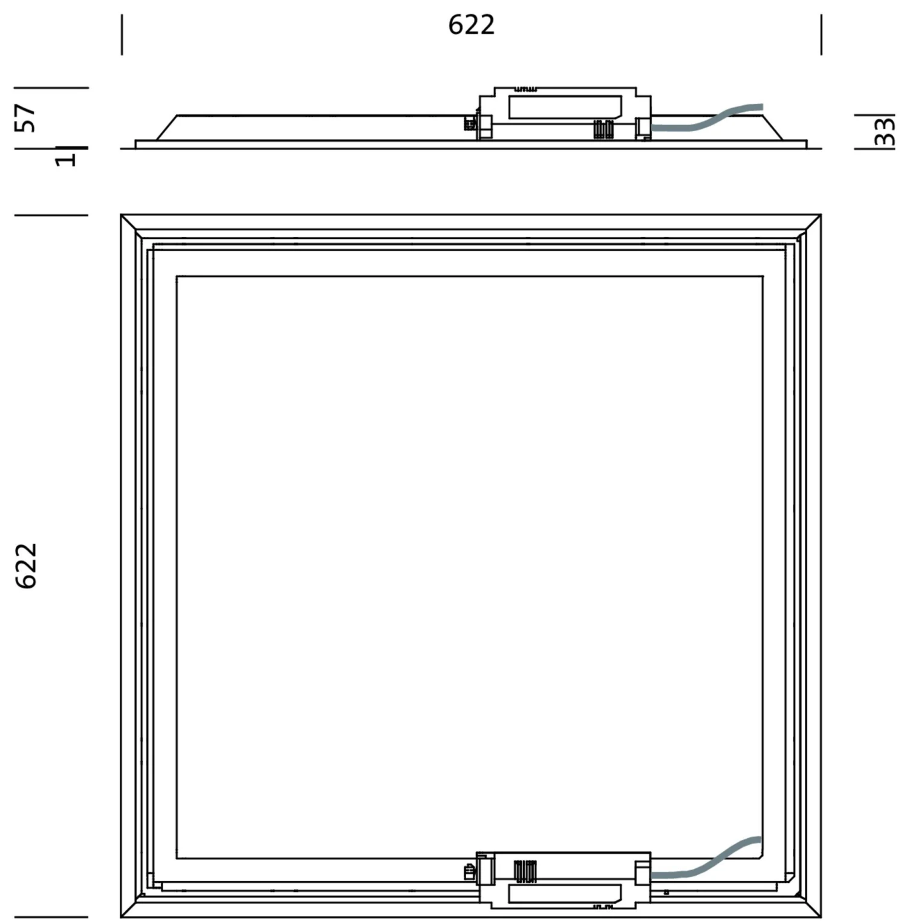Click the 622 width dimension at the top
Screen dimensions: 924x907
pyautogui.click(x=471, y=25)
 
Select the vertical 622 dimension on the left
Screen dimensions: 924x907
pyautogui.click(x=27, y=565)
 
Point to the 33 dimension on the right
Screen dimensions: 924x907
pyautogui.click(x=884, y=131)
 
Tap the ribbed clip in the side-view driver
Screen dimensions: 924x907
pyautogui.click(x=603, y=129)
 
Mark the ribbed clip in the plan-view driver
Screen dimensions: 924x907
pyautogui.click(x=525, y=871)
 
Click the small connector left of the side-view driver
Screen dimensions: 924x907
pyautogui.click(x=469, y=123)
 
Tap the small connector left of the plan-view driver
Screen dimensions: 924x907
pyautogui.click(x=469, y=873)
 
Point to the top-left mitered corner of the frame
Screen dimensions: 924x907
pyautogui.click(x=131, y=224)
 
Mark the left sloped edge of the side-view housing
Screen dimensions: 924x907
pyautogui.click(x=166, y=128)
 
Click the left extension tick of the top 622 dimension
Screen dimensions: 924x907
pyautogui.click(x=122, y=34)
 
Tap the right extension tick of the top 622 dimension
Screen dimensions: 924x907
pyautogui.click(x=821, y=34)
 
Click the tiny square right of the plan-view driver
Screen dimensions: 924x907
pyautogui.click(x=666, y=893)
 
